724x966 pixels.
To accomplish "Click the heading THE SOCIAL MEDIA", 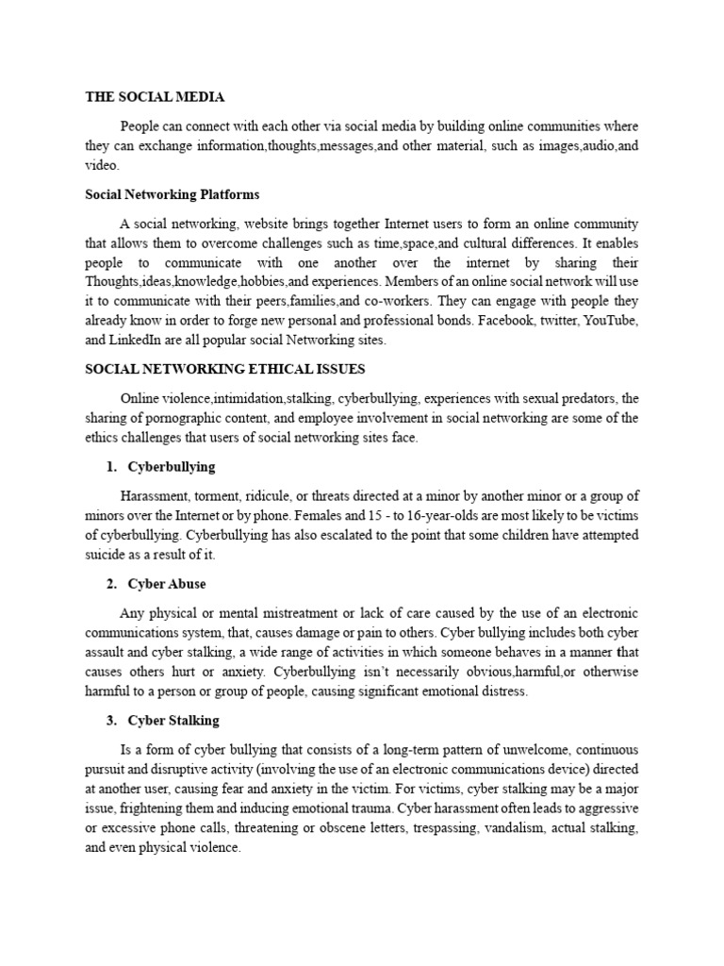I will pyautogui.click(x=155, y=96).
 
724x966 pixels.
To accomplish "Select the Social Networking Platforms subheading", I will pyautogui.click(x=172, y=194).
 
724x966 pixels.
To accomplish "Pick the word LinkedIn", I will pyautogui.click(x=137, y=341).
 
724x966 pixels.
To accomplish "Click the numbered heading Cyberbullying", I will pyautogui.click(x=171, y=466).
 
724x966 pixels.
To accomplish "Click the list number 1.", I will pyautogui.click(x=111, y=466).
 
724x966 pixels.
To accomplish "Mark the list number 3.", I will pyautogui.click(x=111, y=721).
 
